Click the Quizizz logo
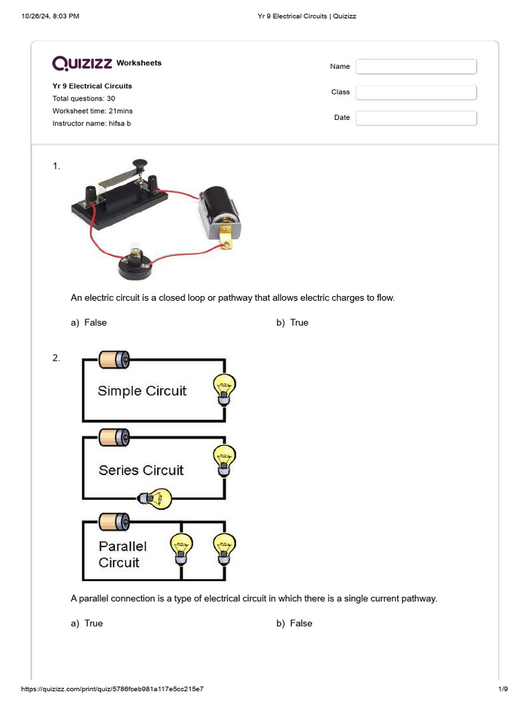(83, 63)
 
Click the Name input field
(416, 67)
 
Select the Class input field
(416, 92)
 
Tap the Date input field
(416, 118)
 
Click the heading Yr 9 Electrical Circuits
(92, 86)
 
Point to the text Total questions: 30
(84, 98)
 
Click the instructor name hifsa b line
(92, 123)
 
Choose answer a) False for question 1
(89, 322)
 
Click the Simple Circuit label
(142, 391)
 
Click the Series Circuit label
(141, 470)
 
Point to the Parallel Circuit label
(122, 554)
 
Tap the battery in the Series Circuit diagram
(114, 437)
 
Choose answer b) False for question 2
(295, 623)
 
